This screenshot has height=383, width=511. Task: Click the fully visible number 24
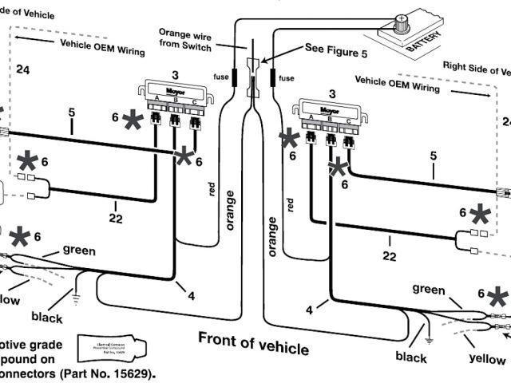22,70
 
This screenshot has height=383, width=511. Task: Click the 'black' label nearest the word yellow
411,357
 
